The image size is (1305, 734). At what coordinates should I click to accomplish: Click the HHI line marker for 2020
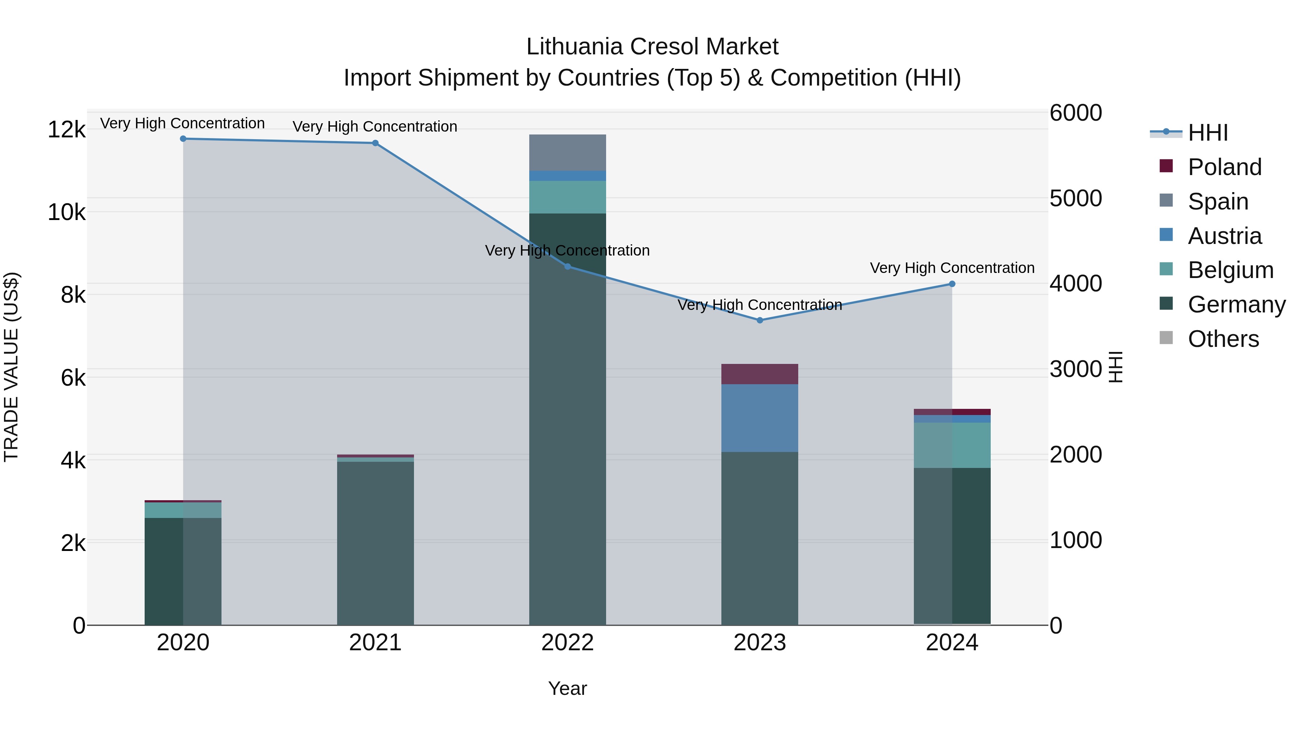click(183, 139)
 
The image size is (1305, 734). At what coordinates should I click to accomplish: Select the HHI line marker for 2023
click(759, 320)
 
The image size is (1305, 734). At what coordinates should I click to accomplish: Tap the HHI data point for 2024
click(952, 284)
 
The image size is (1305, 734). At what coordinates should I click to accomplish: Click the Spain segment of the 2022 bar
click(567, 153)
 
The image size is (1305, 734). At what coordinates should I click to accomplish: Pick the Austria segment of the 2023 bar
click(759, 418)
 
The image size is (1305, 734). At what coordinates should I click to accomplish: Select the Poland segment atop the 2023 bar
click(759, 374)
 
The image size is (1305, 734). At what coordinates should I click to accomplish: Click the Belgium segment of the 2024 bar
click(952, 445)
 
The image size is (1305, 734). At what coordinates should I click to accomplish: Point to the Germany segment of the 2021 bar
click(376, 542)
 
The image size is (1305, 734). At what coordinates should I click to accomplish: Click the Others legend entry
click(1223, 339)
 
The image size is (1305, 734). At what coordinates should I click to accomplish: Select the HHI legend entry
click(1208, 133)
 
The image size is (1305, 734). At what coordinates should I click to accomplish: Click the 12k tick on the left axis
click(66, 130)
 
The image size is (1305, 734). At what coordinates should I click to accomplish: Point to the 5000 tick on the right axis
click(1075, 199)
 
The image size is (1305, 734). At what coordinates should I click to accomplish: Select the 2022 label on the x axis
click(567, 643)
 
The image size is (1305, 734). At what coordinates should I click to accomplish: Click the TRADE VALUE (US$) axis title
click(11, 367)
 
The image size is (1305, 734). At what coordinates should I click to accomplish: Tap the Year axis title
click(567, 688)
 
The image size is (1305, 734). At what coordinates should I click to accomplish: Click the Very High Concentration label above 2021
click(375, 127)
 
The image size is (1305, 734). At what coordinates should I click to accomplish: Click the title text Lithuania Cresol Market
click(652, 47)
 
